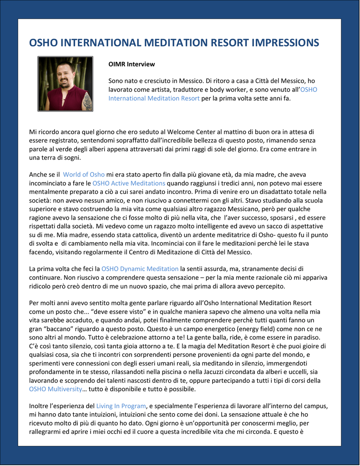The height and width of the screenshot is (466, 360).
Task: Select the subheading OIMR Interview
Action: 132,64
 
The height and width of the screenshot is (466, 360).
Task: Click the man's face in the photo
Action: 64,75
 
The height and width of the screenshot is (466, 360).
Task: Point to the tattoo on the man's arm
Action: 86,101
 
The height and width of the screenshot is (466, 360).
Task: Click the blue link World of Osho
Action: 84,175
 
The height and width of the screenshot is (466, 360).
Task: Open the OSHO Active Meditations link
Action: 122,183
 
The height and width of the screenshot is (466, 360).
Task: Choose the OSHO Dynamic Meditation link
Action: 140,269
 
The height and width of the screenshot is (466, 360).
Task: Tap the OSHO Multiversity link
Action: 56,389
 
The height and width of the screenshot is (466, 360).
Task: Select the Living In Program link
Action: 121,406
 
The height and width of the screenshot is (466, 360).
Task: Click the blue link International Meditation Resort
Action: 154,98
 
